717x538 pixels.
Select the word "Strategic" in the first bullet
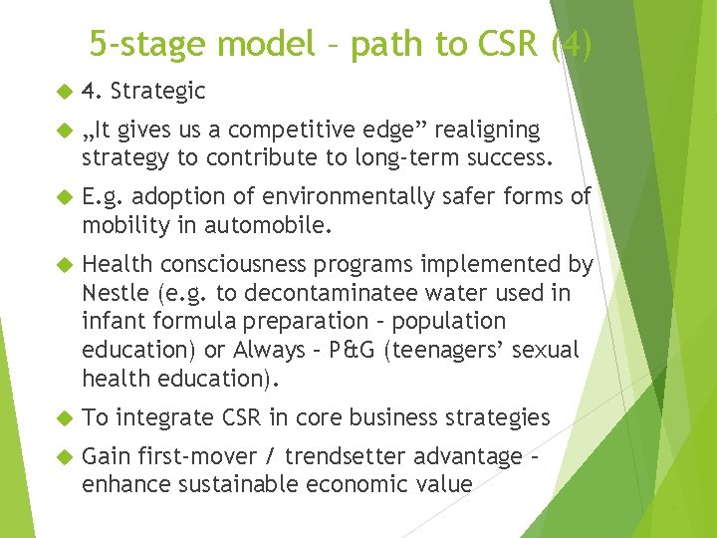tap(158, 92)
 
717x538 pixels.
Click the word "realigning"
tap(488, 131)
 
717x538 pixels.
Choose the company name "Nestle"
tap(114, 293)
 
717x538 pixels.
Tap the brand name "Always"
tap(268, 351)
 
